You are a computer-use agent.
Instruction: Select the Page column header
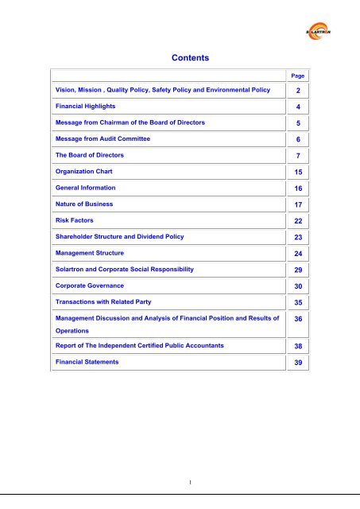pyautogui.click(x=298, y=75)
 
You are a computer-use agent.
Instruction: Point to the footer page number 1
pyautogui.click(x=180, y=480)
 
